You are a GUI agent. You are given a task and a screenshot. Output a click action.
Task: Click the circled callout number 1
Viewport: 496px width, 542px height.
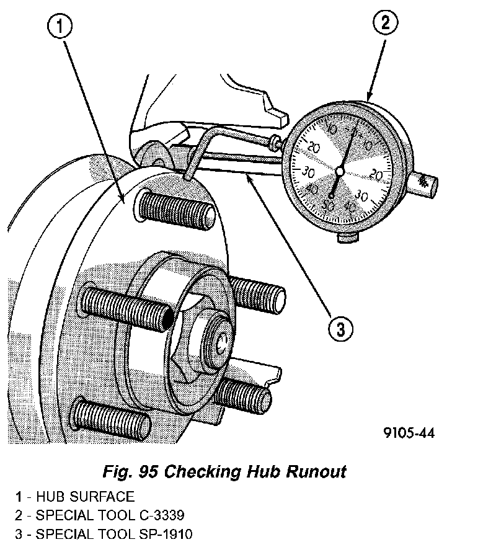coord(60,27)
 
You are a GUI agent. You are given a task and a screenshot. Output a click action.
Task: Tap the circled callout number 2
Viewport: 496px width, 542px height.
coord(385,24)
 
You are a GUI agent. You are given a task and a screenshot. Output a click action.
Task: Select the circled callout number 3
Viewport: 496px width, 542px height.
coord(340,329)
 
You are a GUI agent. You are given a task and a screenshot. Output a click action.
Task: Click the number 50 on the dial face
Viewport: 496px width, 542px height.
coord(329,205)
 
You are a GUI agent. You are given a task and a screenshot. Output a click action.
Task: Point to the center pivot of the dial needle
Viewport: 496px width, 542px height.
coord(339,171)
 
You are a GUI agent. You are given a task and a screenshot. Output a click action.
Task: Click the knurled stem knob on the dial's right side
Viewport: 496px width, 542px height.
coord(425,184)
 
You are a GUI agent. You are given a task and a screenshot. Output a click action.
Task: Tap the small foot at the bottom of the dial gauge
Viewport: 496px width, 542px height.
coord(349,237)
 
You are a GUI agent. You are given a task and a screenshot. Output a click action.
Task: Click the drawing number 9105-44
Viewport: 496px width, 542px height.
coord(407,433)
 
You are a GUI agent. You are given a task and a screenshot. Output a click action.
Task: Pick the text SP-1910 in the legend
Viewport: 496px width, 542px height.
coord(162,533)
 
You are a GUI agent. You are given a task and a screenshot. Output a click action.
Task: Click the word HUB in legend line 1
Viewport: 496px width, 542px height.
coord(50,497)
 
